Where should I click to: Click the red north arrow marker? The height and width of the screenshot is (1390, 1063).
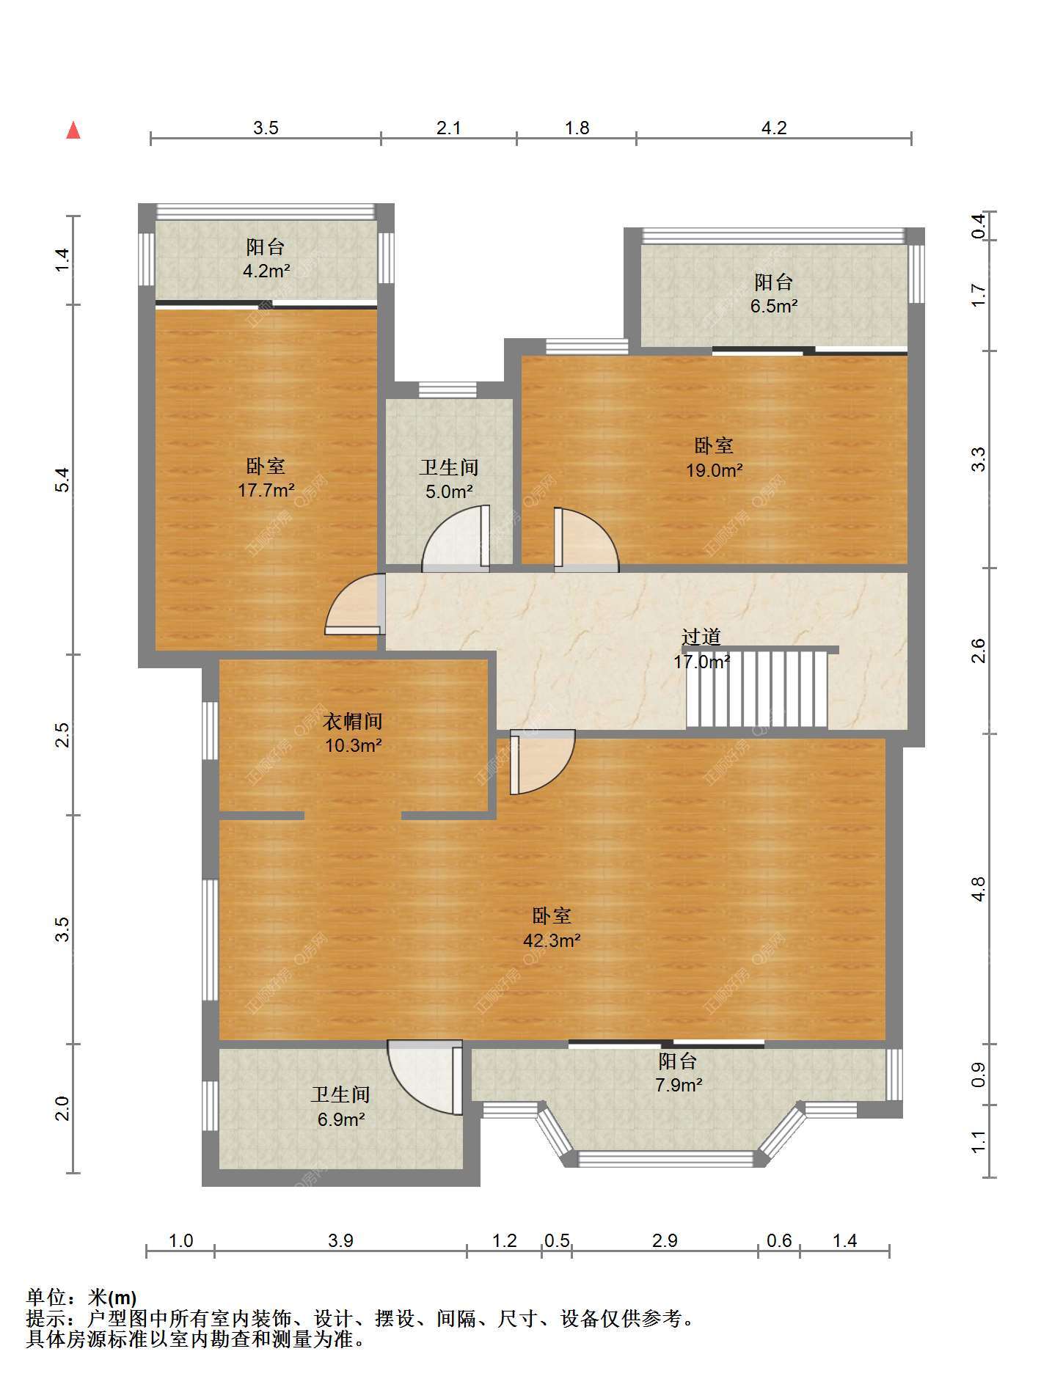(73, 130)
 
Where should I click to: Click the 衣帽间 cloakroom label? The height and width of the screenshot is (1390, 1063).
(353, 721)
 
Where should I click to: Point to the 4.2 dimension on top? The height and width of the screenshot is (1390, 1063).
(774, 128)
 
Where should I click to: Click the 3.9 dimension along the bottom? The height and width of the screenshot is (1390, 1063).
(340, 1240)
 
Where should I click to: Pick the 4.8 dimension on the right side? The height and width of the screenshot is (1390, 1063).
(978, 889)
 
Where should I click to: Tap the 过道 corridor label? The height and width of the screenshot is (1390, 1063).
(701, 637)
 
